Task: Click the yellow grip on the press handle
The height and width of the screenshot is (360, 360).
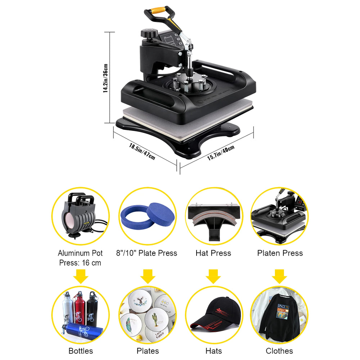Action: pos(158,10)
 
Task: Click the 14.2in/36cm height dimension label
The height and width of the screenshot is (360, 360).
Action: pos(105,78)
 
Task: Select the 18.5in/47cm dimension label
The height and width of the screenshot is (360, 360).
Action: pos(142,152)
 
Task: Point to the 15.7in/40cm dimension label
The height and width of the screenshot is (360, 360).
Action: pos(221,153)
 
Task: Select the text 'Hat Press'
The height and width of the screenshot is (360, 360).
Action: pos(213,253)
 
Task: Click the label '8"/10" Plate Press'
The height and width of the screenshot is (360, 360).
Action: pos(147,253)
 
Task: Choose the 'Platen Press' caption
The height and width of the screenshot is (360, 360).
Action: pos(280,253)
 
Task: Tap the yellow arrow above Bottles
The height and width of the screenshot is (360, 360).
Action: pos(81,276)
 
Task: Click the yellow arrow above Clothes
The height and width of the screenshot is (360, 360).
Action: pos(279,276)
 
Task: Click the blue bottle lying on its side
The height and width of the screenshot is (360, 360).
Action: pos(82,331)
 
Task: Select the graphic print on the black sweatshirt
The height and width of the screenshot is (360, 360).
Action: pos(282,311)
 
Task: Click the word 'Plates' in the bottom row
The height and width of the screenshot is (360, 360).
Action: pos(148,351)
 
